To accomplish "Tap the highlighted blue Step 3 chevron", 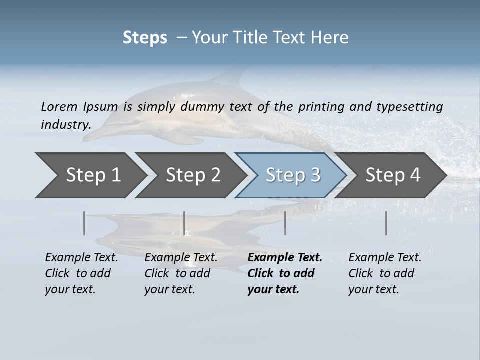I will coord(293,175).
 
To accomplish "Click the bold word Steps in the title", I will coord(145,38).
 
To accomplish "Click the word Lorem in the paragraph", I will coord(59,106).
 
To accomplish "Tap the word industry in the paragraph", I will coord(66,124).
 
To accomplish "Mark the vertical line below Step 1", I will coord(84,223).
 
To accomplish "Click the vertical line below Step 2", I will coord(184,223).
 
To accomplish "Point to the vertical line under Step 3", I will coord(285,223).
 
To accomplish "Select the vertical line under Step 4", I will coord(386,223).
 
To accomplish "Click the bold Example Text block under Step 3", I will coord(285,273).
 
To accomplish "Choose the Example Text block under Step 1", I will coord(81,273).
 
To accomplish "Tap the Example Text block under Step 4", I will coord(385,273).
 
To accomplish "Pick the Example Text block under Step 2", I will coord(181,273).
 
